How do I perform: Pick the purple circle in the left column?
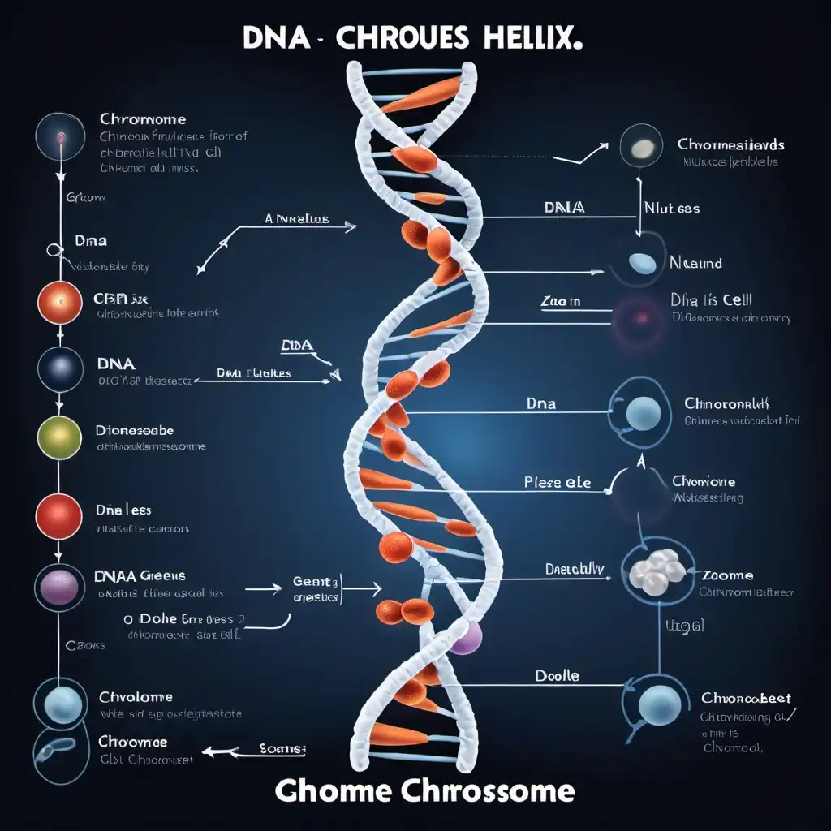coord(59,586)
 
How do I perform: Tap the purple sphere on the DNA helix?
coord(466,638)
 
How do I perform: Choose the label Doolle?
coord(557,675)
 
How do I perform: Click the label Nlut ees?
coord(671,209)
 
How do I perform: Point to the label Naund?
coord(695,263)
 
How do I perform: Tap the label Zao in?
coord(560,301)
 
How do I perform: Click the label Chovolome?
coord(136,697)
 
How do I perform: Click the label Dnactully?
coord(575,570)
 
